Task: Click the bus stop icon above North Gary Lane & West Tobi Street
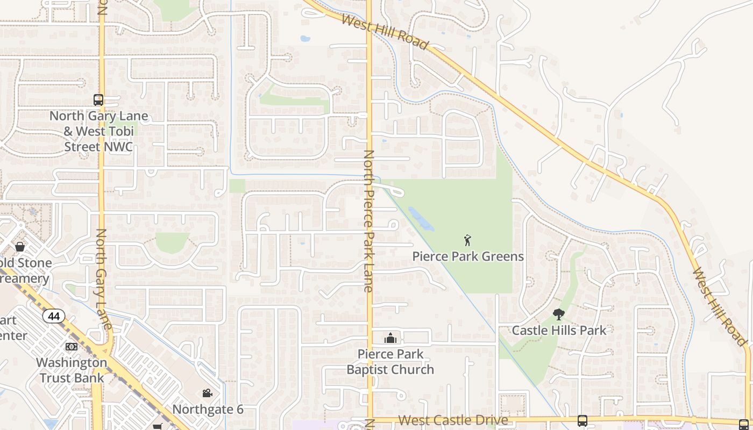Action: (98, 100)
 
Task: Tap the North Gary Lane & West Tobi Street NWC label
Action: (98, 131)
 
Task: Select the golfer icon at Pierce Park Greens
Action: (467, 240)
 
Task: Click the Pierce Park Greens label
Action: (468, 256)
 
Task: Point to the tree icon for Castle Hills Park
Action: (559, 314)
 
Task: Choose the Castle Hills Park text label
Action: (559, 330)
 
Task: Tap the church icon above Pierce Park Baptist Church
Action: (390, 338)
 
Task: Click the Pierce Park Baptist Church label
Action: (390, 362)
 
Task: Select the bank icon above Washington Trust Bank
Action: (72, 347)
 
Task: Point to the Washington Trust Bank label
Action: (72, 370)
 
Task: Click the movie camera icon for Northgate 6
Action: (207, 394)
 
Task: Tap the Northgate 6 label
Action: (208, 409)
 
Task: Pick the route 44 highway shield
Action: (54, 316)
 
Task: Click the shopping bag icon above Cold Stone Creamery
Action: (20, 247)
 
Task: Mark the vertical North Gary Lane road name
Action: (103, 278)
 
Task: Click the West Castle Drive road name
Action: (453, 420)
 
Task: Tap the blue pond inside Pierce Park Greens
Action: (420, 219)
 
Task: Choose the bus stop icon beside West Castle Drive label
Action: (582, 420)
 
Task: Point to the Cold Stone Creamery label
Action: (25, 270)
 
